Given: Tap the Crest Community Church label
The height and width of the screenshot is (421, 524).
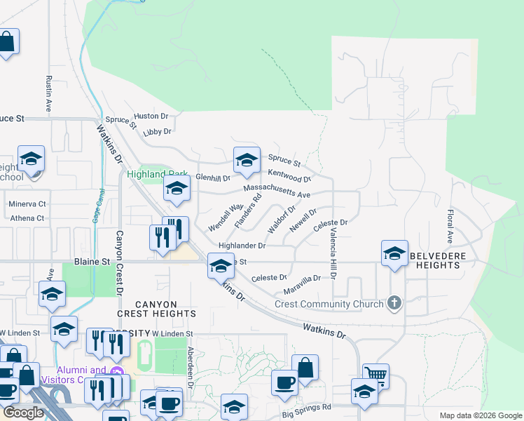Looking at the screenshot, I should [x=329, y=304].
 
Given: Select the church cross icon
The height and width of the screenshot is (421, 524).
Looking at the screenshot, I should [x=394, y=303].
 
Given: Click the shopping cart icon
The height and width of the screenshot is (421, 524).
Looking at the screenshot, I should [x=375, y=375].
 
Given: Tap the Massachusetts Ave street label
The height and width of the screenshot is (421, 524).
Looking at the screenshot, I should [x=276, y=191].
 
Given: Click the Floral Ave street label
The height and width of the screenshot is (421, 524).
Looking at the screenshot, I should [x=450, y=225].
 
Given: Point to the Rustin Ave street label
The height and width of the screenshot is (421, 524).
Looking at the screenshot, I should [x=48, y=94].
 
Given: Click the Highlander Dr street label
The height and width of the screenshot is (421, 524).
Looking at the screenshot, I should [x=242, y=246].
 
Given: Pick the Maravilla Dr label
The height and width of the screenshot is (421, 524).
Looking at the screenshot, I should [x=302, y=283].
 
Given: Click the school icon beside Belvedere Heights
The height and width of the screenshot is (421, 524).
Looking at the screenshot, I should [x=394, y=253].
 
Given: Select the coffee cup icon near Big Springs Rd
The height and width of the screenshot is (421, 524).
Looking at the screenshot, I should [x=284, y=383].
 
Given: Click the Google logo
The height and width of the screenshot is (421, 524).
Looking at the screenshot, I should [x=22, y=413].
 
